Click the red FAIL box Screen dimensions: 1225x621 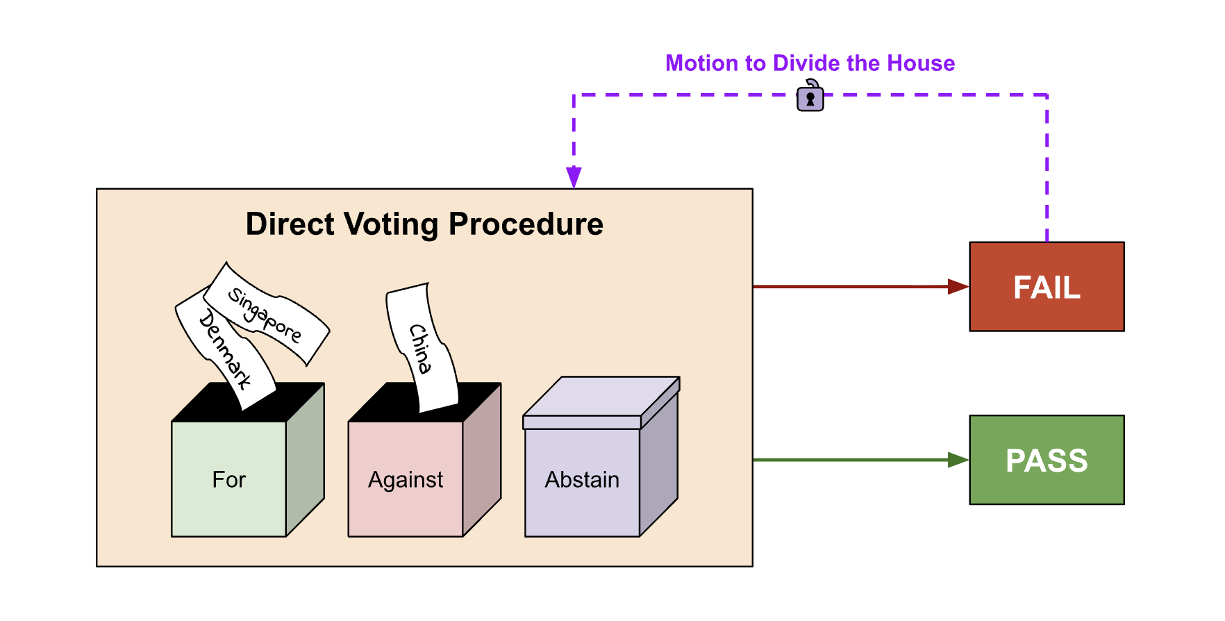(1047, 286)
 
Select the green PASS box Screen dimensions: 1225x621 (1047, 460)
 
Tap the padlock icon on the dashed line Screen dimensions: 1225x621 (810, 96)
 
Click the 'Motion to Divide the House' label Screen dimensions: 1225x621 (810, 63)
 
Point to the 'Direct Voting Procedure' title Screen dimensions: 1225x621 (424, 224)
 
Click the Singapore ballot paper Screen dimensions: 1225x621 (267, 314)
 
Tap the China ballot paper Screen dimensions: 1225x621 (422, 347)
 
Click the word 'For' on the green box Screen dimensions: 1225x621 (229, 479)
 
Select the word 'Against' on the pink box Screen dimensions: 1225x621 (406, 480)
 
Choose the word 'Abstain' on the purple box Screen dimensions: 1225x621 (582, 479)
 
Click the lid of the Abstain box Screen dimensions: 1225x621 (601, 403)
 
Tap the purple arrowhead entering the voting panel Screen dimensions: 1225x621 (574, 177)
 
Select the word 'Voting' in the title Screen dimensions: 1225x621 (392, 225)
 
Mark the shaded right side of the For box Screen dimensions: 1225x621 (306, 460)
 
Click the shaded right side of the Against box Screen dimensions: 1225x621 (482, 460)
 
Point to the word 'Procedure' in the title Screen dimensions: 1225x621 (526, 224)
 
